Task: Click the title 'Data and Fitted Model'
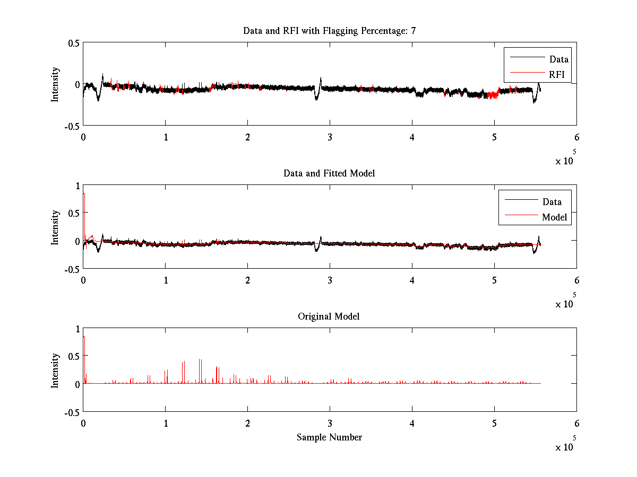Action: [x=329, y=173]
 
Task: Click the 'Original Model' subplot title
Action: [x=329, y=316]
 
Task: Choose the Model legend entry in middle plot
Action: [x=554, y=217]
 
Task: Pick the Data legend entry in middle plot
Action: [x=552, y=202]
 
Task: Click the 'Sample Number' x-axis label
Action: [x=329, y=437]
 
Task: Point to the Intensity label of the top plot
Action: [x=55, y=84]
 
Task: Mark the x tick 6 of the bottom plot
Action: [x=576, y=423]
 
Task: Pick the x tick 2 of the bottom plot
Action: [x=247, y=423]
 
